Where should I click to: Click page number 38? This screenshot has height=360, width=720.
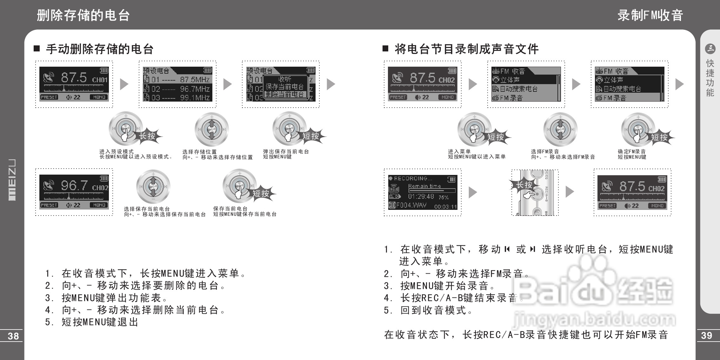coord(13,336)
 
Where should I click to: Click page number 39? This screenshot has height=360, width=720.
coord(706,335)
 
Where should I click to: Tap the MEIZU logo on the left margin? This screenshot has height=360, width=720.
coord(12,180)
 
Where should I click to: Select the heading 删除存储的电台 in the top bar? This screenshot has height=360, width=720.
coord(83,15)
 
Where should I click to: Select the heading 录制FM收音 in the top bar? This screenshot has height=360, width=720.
coord(650,15)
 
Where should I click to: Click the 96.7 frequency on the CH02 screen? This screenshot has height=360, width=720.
coord(74,185)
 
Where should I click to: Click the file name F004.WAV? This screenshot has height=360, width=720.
coord(411,205)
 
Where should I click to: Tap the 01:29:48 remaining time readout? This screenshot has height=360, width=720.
coord(421,197)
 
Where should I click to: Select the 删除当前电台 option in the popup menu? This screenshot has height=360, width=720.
coord(285,94)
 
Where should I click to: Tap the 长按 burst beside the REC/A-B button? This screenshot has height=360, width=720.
coord(524,185)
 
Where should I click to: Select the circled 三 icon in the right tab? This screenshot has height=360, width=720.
coord(710,49)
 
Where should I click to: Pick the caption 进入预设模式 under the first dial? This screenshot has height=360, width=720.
coord(117,151)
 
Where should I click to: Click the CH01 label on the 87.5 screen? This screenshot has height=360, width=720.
coord(100,80)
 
